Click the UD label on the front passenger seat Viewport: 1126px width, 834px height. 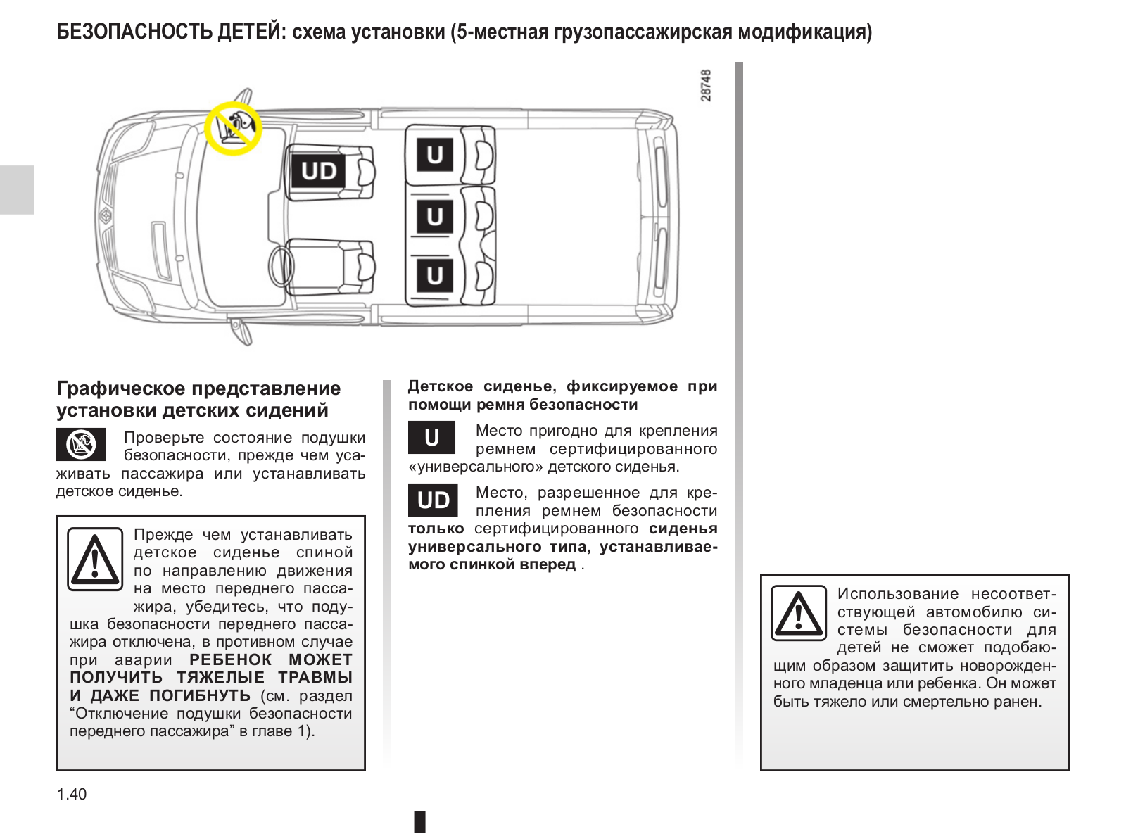pos(319,171)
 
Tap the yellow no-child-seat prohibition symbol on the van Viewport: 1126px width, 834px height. pos(234,127)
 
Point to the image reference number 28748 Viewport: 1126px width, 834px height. pos(707,85)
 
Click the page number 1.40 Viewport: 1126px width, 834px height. pos(72,795)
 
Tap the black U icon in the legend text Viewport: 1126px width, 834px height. pos(432,438)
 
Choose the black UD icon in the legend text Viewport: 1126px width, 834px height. pos(433,500)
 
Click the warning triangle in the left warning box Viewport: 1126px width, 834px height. pos(95,560)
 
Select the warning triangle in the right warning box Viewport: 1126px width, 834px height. pos(799,612)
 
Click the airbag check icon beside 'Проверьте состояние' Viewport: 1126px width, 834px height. pos(81,445)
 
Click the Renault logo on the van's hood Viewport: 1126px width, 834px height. pos(106,215)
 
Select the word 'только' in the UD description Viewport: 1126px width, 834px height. pos(436,529)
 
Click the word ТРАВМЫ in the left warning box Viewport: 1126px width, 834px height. pos(315,678)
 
